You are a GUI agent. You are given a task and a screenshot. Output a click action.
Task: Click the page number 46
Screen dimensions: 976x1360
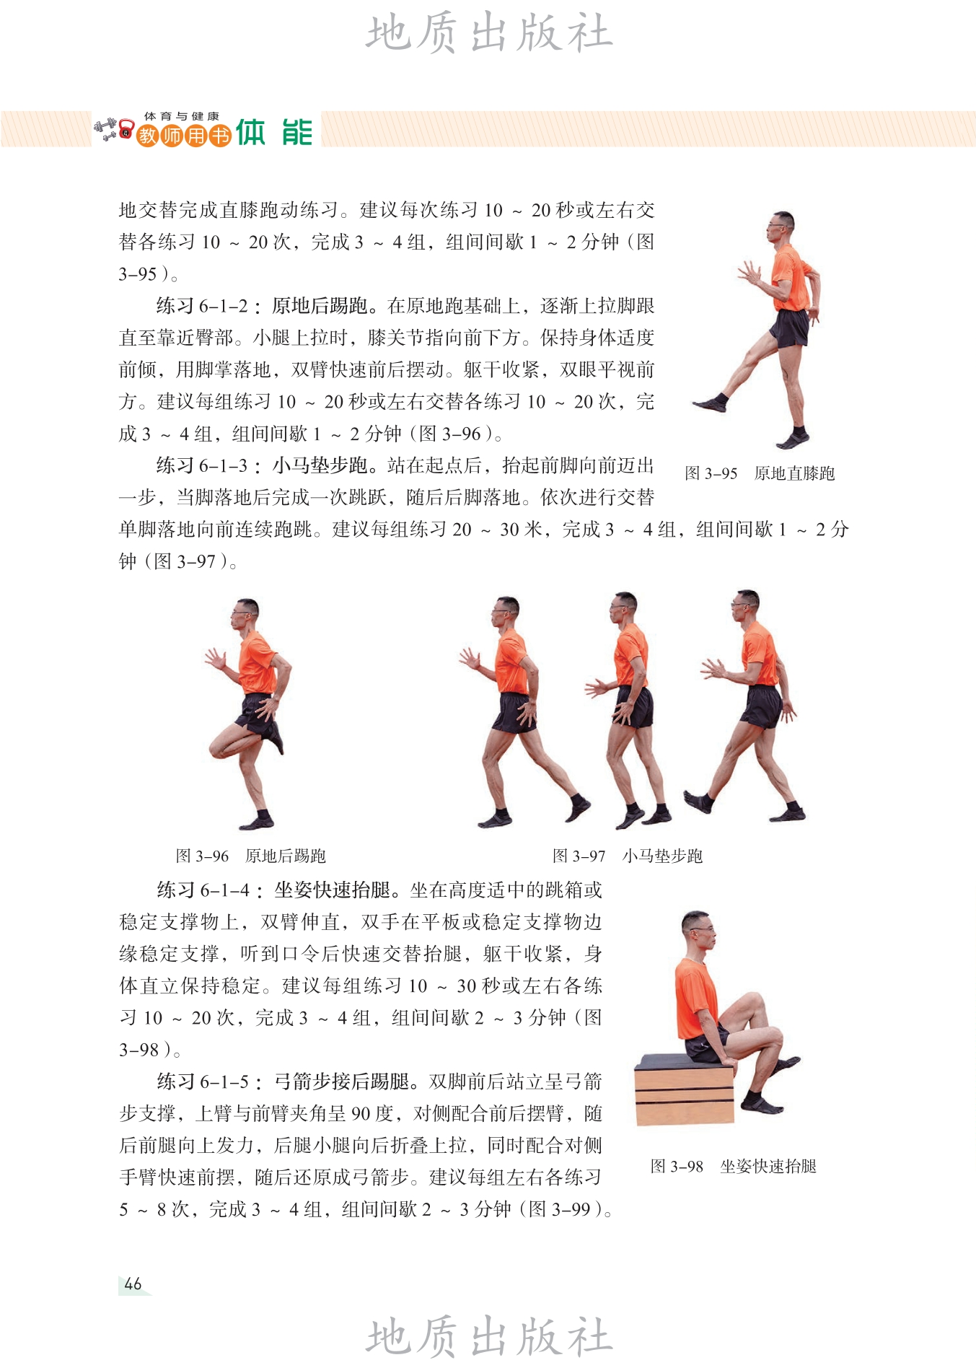[x=133, y=1284]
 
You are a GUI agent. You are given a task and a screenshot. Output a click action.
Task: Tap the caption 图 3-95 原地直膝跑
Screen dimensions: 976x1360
[x=760, y=473]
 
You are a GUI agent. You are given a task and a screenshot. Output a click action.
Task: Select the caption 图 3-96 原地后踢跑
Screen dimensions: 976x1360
[x=251, y=856]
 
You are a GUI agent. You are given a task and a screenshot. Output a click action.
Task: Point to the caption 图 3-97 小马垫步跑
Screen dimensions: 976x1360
[x=628, y=856]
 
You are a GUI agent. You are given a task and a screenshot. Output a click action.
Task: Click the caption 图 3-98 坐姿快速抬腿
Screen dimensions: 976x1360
[x=734, y=1166]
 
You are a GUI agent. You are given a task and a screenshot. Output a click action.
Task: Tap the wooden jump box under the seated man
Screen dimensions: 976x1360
[x=684, y=1089]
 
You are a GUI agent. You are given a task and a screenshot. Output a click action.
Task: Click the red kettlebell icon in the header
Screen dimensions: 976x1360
[x=127, y=130]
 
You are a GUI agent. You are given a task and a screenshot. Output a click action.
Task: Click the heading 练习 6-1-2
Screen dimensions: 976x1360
[x=203, y=306]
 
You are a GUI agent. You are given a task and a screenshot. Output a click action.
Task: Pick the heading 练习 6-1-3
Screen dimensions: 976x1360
[x=203, y=465]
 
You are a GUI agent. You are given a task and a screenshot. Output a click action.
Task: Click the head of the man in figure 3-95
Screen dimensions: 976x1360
[x=781, y=228]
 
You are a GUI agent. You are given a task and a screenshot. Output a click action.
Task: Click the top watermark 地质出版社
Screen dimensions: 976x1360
[x=489, y=32]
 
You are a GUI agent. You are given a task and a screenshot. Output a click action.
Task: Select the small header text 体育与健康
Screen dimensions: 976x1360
[x=181, y=116]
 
